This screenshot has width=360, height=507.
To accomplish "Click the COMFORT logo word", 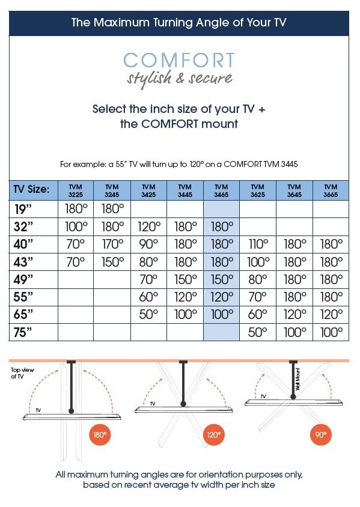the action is tap(179, 61).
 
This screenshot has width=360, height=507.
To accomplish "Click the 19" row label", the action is tap(23, 208).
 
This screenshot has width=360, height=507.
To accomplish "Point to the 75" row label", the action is tap(23, 332).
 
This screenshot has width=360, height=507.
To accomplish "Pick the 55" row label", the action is tap(23, 297).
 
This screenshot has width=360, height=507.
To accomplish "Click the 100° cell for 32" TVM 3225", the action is tap(76, 226).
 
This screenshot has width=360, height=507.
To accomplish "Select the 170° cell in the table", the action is tap(112, 244).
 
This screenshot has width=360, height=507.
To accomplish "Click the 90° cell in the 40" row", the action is tap(148, 244).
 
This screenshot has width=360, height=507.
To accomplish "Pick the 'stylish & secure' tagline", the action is tap(179, 79).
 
